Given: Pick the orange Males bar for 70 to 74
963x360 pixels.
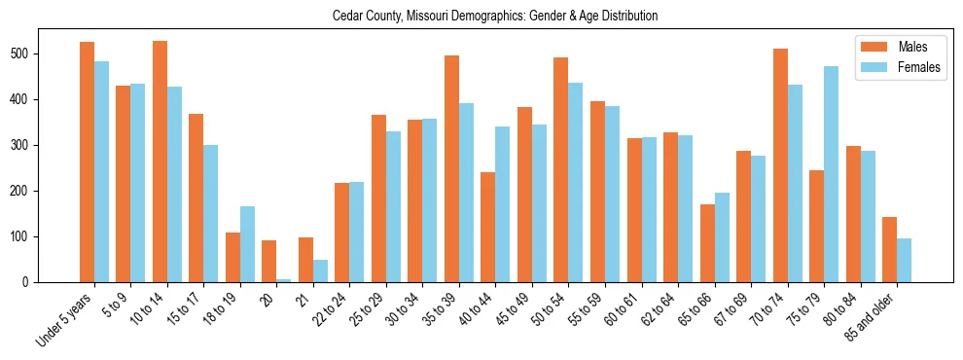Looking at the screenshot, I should pos(780,165).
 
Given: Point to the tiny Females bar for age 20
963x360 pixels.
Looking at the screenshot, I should pos(283,280).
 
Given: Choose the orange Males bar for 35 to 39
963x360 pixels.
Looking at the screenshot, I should pos(451,168).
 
